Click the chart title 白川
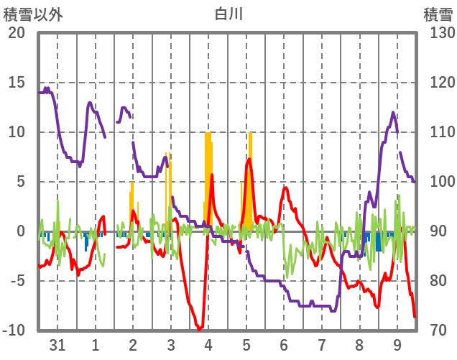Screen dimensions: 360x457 (x=228, y=14)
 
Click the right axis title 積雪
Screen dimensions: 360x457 (x=437, y=14)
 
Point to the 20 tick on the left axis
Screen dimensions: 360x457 (x=17, y=33)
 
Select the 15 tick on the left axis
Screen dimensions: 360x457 (x=17, y=83)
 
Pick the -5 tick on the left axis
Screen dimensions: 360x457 (x=17, y=281)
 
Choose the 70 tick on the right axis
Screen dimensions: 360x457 (x=435, y=331)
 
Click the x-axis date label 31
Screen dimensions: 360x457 (x=57, y=344)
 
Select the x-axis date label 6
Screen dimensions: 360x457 (x=284, y=344)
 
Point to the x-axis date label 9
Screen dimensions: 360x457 (x=397, y=344)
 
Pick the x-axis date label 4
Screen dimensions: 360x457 (x=208, y=344)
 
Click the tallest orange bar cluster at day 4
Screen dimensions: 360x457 (x=208, y=180)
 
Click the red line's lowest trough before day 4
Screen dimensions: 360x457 (x=199, y=329)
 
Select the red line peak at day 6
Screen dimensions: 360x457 (x=285, y=188)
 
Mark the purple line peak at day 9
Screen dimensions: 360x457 (x=393, y=113)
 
